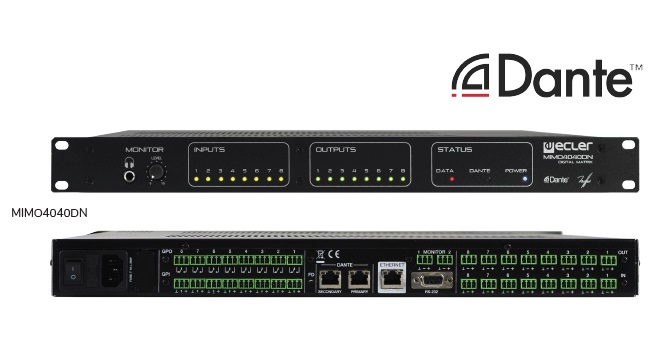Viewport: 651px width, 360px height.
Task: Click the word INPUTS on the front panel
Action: [x=210, y=150]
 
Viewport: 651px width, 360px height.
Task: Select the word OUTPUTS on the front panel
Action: [x=334, y=150]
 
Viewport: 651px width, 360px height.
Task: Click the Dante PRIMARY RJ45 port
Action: [x=358, y=277]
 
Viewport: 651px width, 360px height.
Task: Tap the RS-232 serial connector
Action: [x=432, y=281]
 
